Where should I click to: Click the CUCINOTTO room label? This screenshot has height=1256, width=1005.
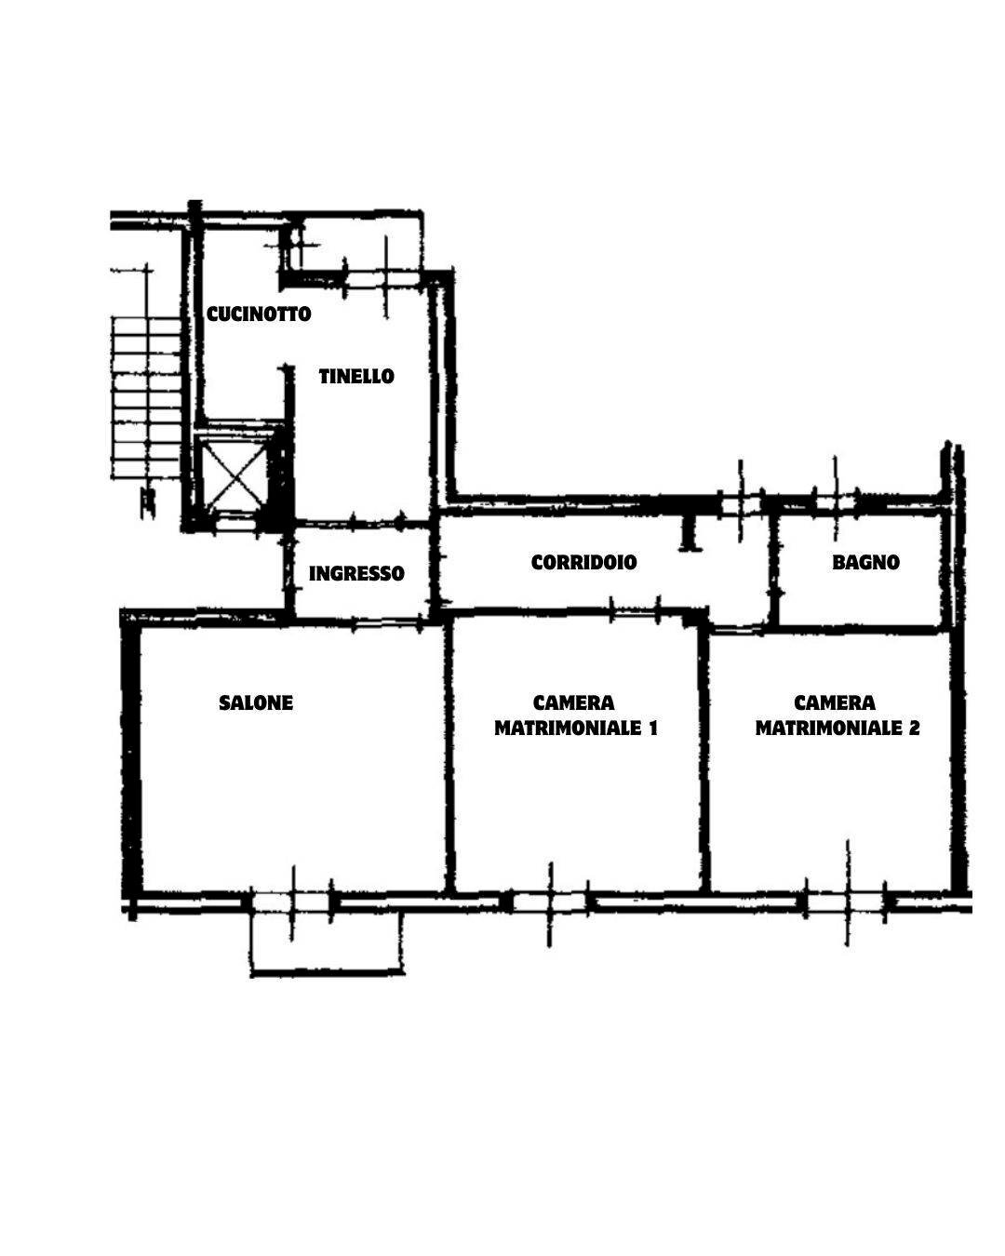pyautogui.click(x=259, y=314)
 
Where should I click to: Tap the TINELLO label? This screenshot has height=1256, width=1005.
pyautogui.click(x=356, y=377)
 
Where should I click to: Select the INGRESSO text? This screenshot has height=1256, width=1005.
pyautogui.click(x=356, y=574)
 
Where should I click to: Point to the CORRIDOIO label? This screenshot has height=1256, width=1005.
pyautogui.click(x=583, y=562)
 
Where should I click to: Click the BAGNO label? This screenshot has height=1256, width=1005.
pyautogui.click(x=865, y=562)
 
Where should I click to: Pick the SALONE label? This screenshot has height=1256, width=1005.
pyautogui.click(x=256, y=702)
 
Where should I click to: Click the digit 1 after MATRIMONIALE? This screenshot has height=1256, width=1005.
pyautogui.click(x=653, y=728)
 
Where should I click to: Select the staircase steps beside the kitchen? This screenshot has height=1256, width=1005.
pyautogui.click(x=146, y=398)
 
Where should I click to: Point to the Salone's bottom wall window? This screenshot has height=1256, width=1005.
pyautogui.click(x=292, y=902)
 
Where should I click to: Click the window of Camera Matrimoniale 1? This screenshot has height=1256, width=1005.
pyautogui.click(x=549, y=902)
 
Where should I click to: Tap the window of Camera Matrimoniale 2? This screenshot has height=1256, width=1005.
pyautogui.click(x=846, y=902)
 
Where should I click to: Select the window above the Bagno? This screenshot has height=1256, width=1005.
pyautogui.click(x=836, y=503)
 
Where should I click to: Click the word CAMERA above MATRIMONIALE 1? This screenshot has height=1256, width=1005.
pyautogui.click(x=573, y=702)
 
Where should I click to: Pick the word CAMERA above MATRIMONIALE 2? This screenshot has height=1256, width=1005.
pyautogui.click(x=835, y=702)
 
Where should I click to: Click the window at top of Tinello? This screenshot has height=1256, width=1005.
pyautogui.click(x=383, y=277)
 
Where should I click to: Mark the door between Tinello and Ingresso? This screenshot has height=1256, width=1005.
pyautogui.click(x=377, y=522)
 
